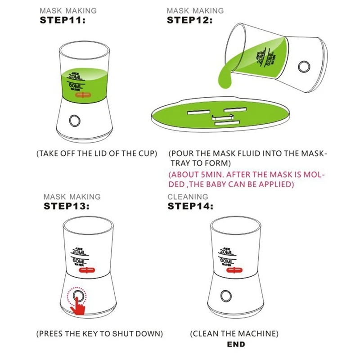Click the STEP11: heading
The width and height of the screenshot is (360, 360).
click(63, 20)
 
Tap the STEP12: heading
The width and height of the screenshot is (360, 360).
click(189, 20)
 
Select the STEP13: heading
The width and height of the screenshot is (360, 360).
click(66, 206)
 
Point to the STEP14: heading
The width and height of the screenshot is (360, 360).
click(190, 206)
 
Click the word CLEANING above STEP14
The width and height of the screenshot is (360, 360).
click(188, 197)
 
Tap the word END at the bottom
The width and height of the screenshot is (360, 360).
click(236, 344)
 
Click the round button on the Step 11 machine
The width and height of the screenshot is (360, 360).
click(75, 121)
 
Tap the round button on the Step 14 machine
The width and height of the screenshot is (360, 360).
click(226, 296)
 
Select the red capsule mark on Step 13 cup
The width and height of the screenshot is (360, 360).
click(87, 270)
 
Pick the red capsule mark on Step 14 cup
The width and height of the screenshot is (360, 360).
click(234, 270)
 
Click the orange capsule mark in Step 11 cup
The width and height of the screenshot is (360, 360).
click(83, 95)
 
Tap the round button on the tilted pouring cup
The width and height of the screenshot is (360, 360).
click(304, 66)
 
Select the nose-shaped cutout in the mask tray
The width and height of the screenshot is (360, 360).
click(223, 117)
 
